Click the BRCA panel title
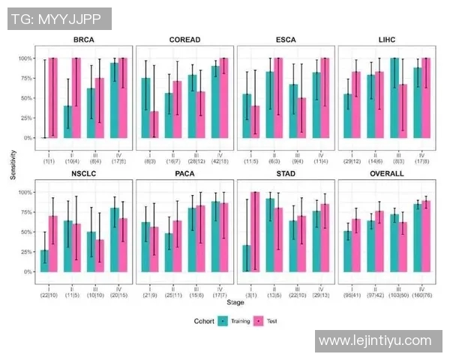(x=84, y=39)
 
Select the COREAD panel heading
(x=184, y=39)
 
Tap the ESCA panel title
(x=285, y=39)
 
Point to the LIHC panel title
(x=386, y=39)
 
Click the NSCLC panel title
(x=84, y=173)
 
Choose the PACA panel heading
(x=184, y=173)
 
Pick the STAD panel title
(x=285, y=173)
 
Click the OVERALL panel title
(x=386, y=173)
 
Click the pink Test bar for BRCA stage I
(x=52, y=97)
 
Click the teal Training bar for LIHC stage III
(x=394, y=97)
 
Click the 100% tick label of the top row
(x=25, y=58)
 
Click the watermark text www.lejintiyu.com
(x=375, y=341)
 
